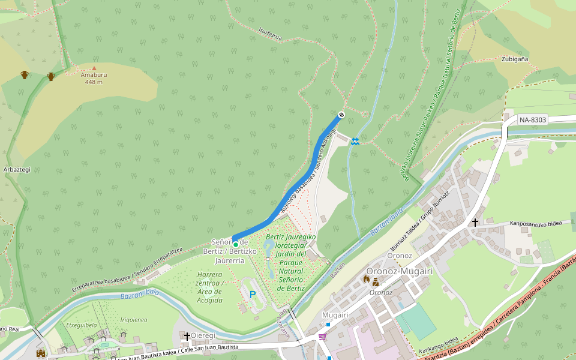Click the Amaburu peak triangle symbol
coord(94,68)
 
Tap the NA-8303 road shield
coord(532,119)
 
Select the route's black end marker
coord(341,115)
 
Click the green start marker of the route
coord(236,244)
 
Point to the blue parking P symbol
coord(253,295)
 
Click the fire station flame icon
coord(367,279)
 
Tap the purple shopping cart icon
coord(323,337)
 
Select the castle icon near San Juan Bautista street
coord(41,354)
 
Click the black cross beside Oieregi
coord(187,337)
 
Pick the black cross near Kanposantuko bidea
coord(475,223)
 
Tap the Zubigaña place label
coord(515,59)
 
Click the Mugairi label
coord(335,315)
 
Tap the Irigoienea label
coord(134,320)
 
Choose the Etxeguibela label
coord(82,325)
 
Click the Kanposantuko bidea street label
coord(536,224)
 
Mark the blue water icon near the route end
coord(355,142)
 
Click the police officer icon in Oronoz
coord(376,281)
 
